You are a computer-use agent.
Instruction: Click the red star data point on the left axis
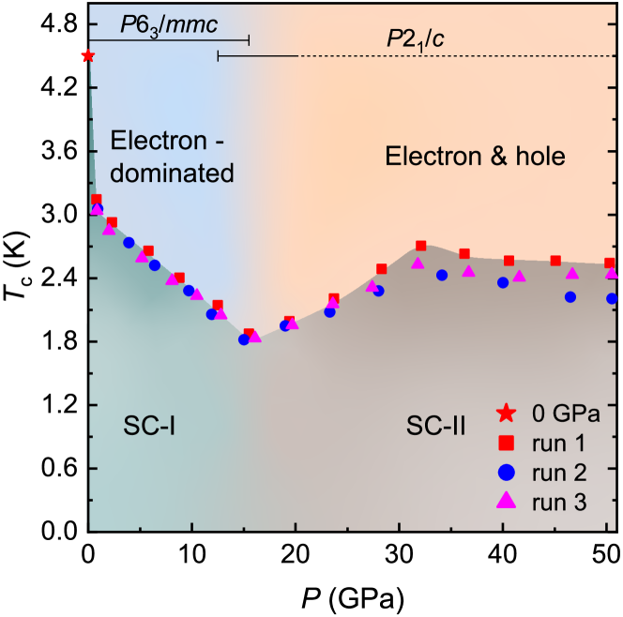[x=87, y=56]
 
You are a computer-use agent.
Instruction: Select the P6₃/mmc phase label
[x=169, y=24]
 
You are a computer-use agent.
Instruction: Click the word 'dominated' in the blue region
[x=172, y=173]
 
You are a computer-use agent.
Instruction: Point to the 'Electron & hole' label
[x=476, y=156]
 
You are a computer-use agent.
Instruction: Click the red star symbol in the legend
[x=506, y=412]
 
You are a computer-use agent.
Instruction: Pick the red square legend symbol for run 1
[x=506, y=442]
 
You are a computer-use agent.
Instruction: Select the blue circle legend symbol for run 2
[x=506, y=472]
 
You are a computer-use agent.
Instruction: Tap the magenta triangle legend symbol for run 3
[x=506, y=501]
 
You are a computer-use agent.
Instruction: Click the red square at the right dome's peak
[x=420, y=246]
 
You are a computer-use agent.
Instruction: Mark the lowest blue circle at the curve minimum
[x=244, y=339]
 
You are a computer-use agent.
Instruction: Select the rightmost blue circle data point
[x=612, y=298]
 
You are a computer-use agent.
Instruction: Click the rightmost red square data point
[x=609, y=263]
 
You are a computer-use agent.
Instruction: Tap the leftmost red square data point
[x=97, y=199]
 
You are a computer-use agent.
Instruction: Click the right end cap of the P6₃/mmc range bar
[x=249, y=40]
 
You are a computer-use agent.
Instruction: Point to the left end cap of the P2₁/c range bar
[x=218, y=56]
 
